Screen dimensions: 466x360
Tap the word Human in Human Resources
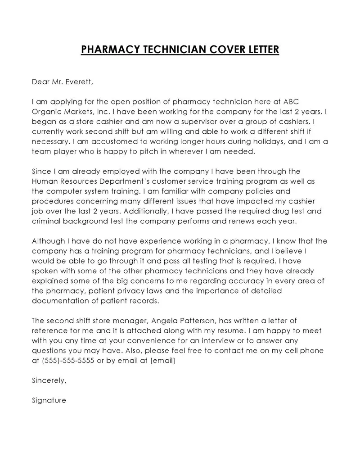point(44,181)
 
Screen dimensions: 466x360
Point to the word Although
point(49,241)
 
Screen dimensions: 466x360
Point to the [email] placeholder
point(162,360)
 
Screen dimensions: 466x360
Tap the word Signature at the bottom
point(49,400)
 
